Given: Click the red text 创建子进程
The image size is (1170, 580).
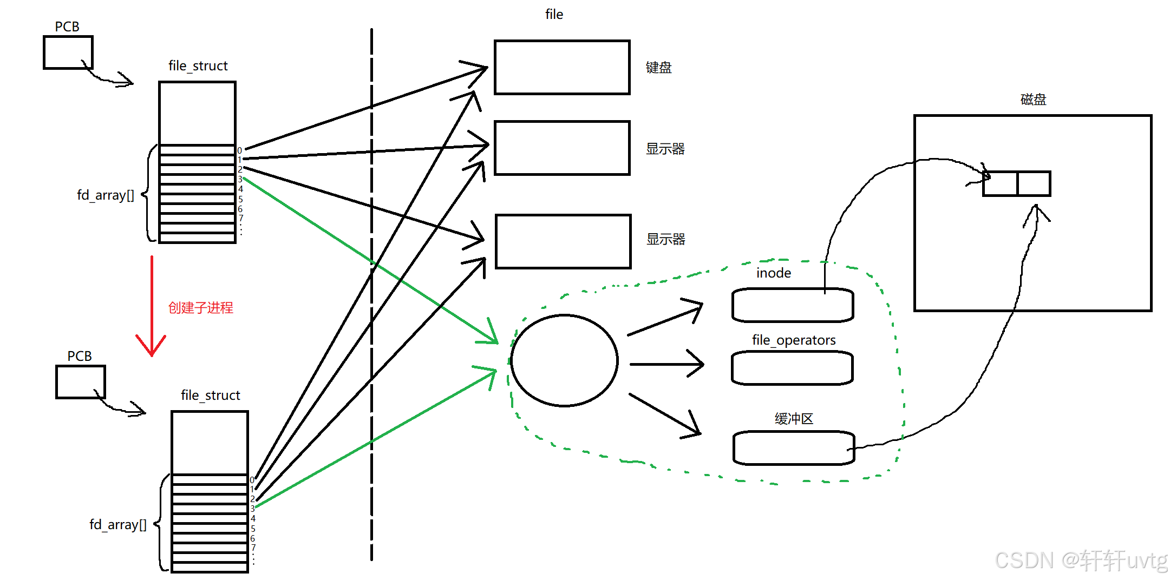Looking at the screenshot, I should [200, 308].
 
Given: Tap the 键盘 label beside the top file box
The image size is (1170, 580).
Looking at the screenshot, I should [658, 68].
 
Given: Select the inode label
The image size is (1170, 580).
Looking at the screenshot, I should [773, 273].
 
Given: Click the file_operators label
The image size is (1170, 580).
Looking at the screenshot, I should [793, 340].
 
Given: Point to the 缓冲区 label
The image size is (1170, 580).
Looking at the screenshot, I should [793, 419].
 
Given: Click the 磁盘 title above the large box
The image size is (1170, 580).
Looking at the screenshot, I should [1033, 100].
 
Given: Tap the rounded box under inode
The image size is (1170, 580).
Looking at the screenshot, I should [792, 305].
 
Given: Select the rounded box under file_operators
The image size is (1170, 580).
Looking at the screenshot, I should [792, 368].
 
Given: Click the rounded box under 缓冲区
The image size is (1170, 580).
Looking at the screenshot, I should [793, 448].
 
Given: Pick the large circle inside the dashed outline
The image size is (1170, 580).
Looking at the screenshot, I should [564, 360].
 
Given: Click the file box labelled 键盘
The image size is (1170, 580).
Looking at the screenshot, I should [562, 68].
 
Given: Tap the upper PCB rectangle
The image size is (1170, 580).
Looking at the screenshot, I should [68, 52].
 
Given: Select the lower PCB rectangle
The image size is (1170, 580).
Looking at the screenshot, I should [81, 382].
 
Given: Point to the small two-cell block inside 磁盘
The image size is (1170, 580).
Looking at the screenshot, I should [1016, 183].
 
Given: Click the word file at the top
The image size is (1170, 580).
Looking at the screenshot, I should [554, 15].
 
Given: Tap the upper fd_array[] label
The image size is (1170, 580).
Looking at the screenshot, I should [106, 195].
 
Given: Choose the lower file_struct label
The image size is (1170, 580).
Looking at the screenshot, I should [210, 396].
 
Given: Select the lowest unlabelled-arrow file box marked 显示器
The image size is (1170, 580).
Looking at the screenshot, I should [563, 241].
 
